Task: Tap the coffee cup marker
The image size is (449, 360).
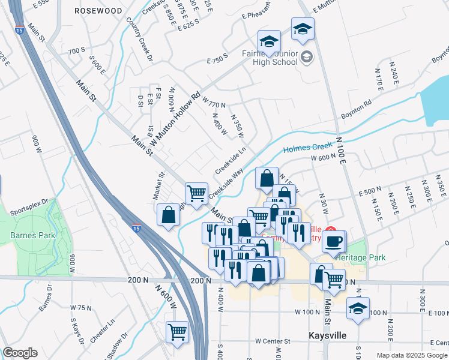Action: click(x=334, y=241)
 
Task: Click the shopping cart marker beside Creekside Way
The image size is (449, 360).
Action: click(x=196, y=193)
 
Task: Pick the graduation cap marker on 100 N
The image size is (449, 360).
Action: click(x=358, y=309)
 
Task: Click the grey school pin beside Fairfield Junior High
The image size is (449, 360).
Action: click(x=307, y=58)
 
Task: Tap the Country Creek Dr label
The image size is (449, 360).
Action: click(x=139, y=36)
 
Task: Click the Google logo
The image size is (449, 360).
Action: click(x=20, y=353)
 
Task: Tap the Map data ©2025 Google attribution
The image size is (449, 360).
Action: click(x=411, y=355)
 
